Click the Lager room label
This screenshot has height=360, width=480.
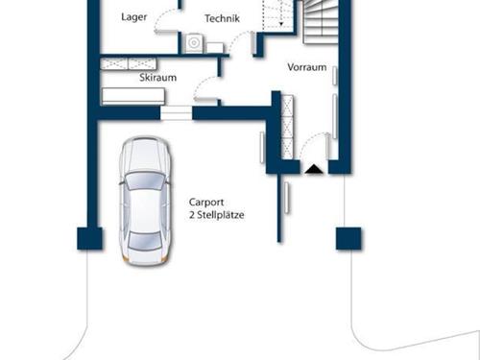[134, 17]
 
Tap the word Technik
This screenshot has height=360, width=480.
[222, 18]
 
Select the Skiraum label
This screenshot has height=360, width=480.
[157, 78]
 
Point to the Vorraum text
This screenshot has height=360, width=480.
[307, 67]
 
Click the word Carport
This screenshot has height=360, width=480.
[206, 203]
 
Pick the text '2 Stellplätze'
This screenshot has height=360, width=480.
[217, 215]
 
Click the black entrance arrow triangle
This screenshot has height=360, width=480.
[314, 169]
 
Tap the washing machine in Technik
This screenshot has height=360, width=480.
[194, 42]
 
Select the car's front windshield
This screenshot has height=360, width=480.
[145, 180]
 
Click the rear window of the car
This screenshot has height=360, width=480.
[144, 241]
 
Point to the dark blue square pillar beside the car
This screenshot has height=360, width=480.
[90, 238]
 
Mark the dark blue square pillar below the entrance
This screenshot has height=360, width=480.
[348, 238]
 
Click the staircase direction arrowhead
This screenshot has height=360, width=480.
[281, 24]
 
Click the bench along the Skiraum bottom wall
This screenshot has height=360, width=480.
[133, 96]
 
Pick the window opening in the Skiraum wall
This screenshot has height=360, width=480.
[176, 113]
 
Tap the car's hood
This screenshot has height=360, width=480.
[145, 156]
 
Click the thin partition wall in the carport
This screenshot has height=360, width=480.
[279, 208]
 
